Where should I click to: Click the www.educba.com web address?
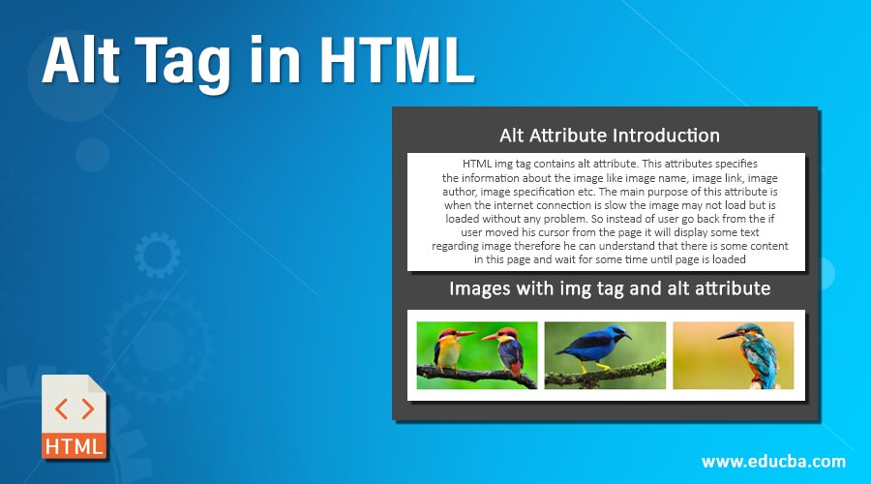(x=773, y=461)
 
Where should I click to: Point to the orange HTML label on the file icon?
(x=75, y=445)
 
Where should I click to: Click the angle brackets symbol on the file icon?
(x=75, y=408)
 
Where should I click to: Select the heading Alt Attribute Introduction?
(x=609, y=136)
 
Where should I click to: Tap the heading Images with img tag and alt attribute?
(x=609, y=288)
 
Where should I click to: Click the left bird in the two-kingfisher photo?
(x=448, y=350)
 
